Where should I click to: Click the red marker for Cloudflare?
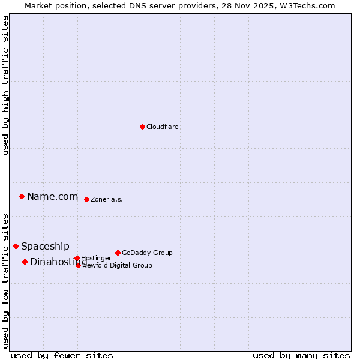pos(142,127)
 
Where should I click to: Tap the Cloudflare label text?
pos(163,127)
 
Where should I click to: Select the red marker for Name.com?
pos(22,196)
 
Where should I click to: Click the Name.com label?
pos(53,197)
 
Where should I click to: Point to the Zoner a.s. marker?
pos(86,199)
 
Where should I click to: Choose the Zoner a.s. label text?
pos(107,200)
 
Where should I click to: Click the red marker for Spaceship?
pos(16,246)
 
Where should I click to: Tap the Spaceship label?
pos(45,247)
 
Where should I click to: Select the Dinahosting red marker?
pos(25,262)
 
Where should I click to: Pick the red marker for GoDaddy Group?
pos(118,253)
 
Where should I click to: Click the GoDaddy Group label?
pos(147,253)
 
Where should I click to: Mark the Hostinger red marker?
pos(77,258)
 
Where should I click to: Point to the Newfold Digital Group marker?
pos(78,265)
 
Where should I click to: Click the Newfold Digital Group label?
pos(118,266)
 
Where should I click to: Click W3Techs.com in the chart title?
pos(312,5)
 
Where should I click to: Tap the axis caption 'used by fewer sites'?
pos(62,355)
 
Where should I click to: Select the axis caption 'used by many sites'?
pos(301,355)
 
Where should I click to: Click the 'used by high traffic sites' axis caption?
pos(5,85)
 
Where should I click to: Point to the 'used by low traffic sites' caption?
pos(5,281)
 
